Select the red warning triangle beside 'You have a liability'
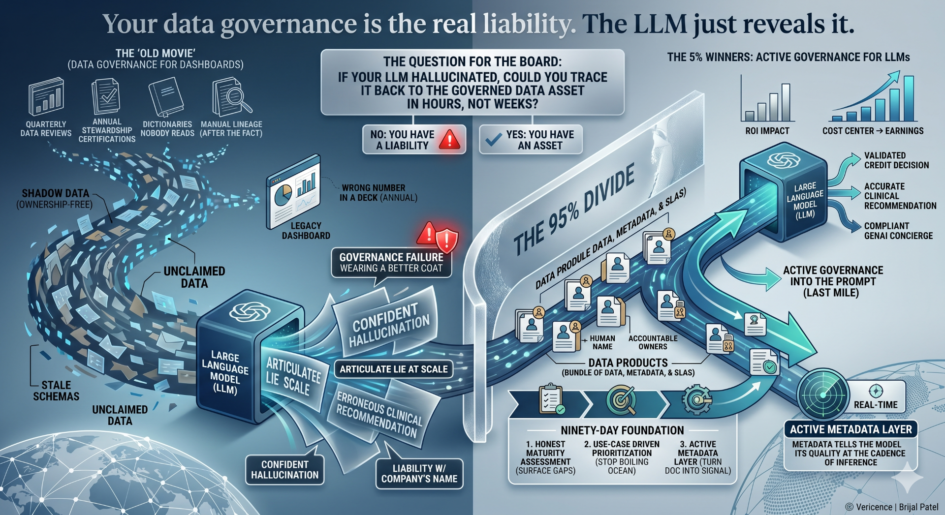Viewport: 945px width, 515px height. click(x=449, y=139)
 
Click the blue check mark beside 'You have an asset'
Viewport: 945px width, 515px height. click(x=493, y=140)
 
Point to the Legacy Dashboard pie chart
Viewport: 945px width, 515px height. click(x=282, y=195)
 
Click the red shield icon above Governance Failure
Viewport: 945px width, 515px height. click(x=446, y=240)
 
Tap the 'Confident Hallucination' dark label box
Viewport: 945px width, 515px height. click(x=284, y=470)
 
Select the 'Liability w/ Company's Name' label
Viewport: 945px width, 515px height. click(x=419, y=474)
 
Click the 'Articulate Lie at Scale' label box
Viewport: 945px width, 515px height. click(x=393, y=369)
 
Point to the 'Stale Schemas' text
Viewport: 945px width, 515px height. click(x=56, y=391)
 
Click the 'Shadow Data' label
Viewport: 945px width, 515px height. click(x=55, y=193)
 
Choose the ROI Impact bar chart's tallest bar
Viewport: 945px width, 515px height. click(x=786, y=102)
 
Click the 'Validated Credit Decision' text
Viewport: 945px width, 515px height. click(x=896, y=160)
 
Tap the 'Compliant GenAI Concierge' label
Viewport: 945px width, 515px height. click(x=898, y=231)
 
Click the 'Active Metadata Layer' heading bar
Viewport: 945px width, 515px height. click(x=850, y=429)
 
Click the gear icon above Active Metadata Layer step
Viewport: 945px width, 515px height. click(x=696, y=399)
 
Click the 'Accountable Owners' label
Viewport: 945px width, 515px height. click(x=653, y=342)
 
